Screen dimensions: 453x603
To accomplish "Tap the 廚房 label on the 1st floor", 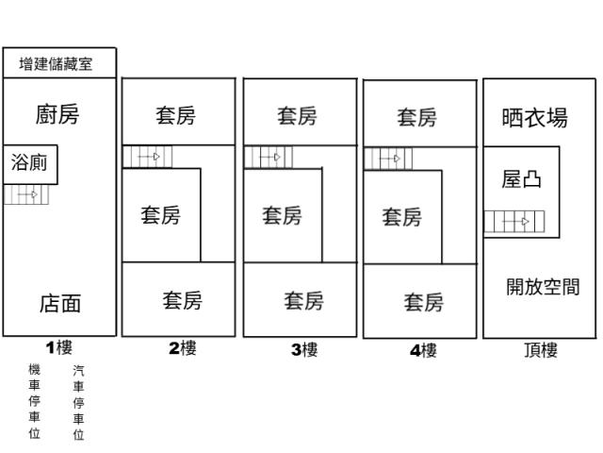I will [x=57, y=115].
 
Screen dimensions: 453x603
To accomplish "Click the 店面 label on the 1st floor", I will [x=59, y=303].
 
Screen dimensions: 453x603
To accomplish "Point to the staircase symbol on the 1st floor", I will [x=22, y=195].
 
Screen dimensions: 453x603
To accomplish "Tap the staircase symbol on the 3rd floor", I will [x=268, y=157].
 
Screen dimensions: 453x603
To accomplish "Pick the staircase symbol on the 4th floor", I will [x=387, y=158].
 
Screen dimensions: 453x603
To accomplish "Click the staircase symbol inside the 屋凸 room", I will [x=514, y=223].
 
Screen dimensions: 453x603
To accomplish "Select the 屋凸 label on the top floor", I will [x=521, y=179].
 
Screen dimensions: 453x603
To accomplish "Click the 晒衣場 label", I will [x=534, y=118].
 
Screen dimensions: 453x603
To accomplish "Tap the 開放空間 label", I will [x=542, y=287].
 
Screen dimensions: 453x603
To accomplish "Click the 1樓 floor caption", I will [x=58, y=347].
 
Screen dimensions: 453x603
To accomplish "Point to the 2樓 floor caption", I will [x=183, y=348].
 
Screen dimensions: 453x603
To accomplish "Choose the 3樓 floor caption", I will [x=303, y=350].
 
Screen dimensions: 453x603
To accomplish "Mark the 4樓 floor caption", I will [x=423, y=350].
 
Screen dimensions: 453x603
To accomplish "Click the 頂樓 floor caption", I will [x=541, y=351].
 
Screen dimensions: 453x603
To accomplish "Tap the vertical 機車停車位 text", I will [x=35, y=402].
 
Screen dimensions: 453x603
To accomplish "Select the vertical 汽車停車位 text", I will [x=78, y=404].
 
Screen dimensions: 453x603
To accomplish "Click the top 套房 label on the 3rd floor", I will [x=297, y=117].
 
